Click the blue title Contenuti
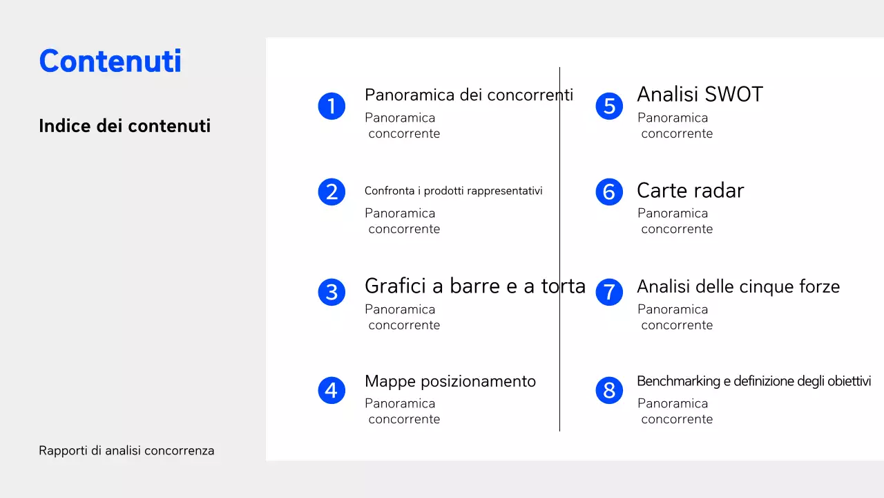[110, 62]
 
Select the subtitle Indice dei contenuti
[124, 126]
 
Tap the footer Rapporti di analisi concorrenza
[126, 451]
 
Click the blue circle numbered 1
[331, 106]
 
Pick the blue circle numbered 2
[331, 192]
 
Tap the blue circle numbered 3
[331, 292]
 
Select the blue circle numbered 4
[331, 391]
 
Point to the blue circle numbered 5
[609, 106]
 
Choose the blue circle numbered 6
[609, 192]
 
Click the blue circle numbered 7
[609, 292]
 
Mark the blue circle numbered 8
[609, 391]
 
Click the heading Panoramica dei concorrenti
[468, 95]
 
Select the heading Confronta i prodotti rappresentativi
[453, 191]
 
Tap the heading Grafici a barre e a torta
[474, 286]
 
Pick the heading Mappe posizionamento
[450, 381]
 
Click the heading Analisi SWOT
[699, 95]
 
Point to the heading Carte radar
[690, 191]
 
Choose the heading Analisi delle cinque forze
[738, 286]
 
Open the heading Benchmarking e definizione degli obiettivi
[753, 381]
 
